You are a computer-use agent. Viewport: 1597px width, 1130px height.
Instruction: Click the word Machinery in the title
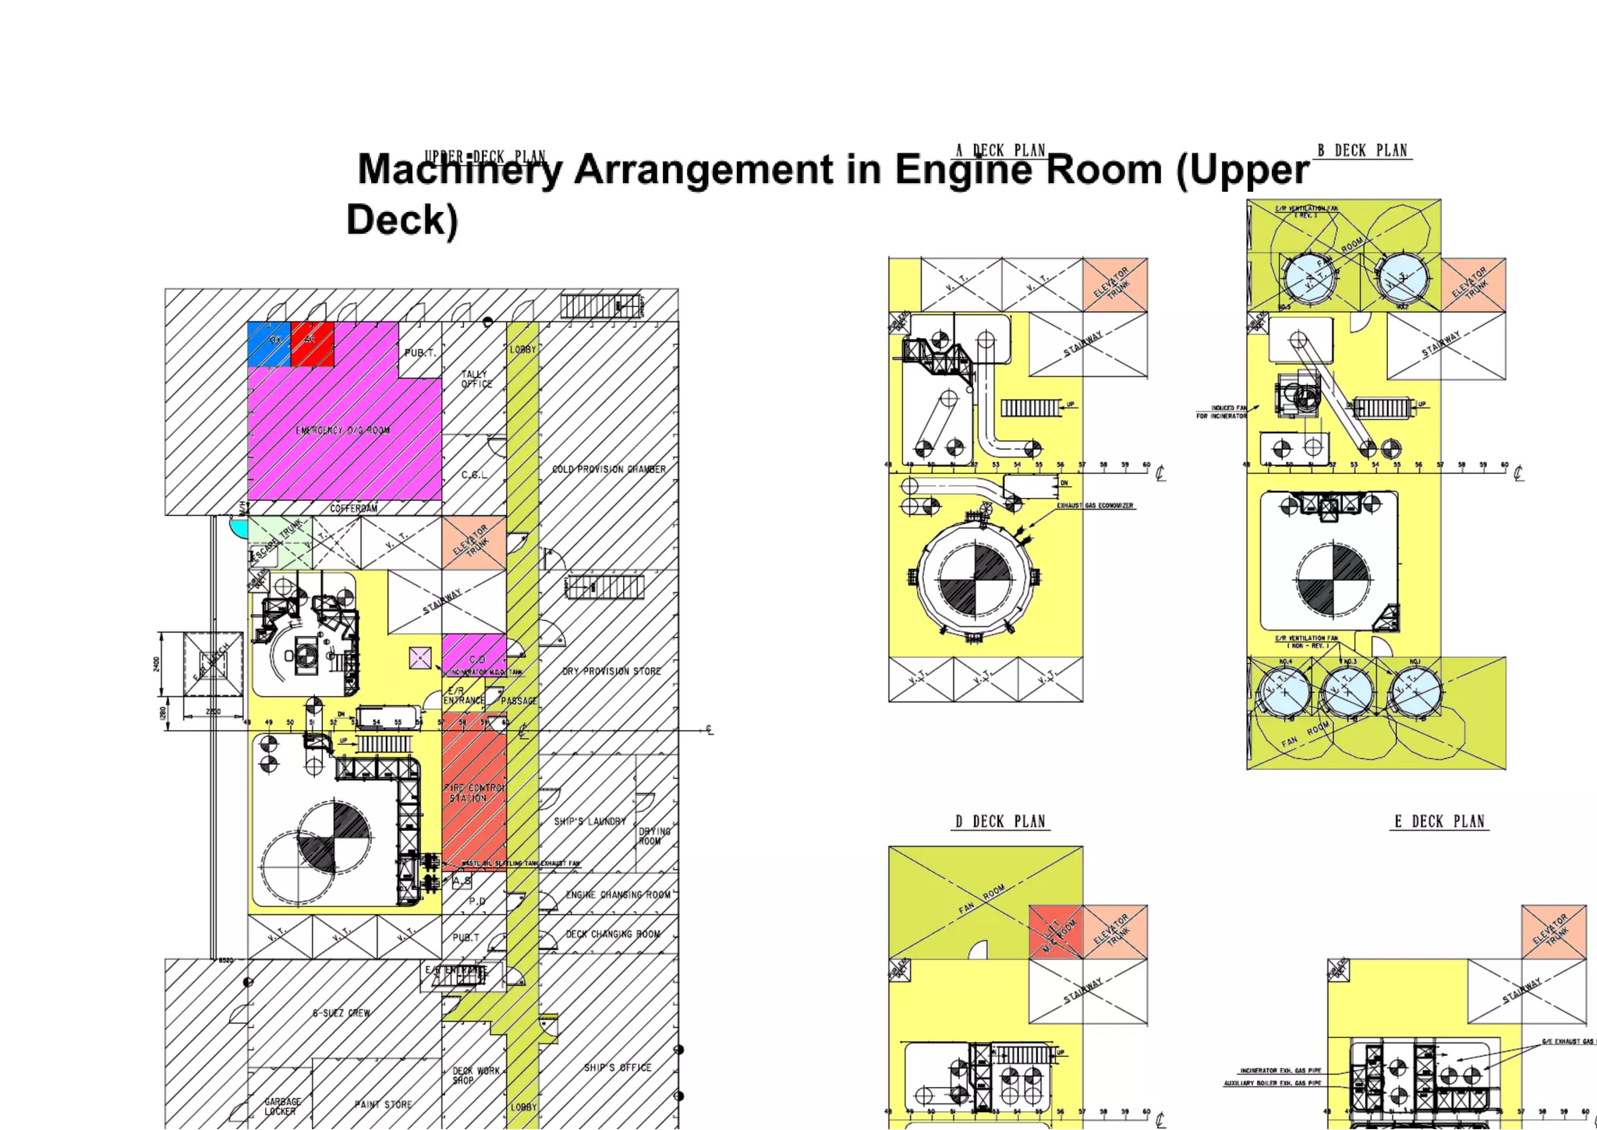(x=459, y=170)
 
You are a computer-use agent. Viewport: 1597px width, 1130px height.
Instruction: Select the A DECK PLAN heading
(x=1000, y=150)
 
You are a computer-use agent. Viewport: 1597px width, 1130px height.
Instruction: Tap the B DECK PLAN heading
(x=1362, y=150)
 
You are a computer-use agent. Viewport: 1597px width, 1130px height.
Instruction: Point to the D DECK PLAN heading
(x=1000, y=821)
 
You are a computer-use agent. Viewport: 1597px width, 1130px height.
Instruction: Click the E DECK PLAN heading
(x=1439, y=821)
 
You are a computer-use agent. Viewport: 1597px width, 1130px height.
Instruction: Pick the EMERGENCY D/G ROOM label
(x=343, y=430)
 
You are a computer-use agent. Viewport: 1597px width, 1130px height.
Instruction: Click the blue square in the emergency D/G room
(x=268, y=344)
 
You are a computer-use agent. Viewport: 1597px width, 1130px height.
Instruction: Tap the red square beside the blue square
(x=312, y=344)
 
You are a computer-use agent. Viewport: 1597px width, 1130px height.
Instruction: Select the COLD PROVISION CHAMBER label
(x=609, y=469)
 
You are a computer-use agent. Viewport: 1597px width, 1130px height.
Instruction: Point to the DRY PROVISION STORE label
(x=611, y=671)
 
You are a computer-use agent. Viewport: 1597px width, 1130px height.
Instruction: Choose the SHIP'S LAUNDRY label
(x=590, y=821)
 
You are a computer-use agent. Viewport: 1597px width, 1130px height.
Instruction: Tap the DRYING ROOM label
(x=653, y=836)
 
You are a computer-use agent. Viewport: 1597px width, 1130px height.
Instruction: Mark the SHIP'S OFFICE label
(x=618, y=1068)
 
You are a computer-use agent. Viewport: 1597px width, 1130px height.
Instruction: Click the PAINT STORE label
(x=383, y=1104)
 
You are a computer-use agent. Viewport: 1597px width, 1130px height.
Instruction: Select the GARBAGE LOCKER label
(x=282, y=1106)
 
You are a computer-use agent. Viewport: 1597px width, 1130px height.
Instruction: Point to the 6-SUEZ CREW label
(x=342, y=1013)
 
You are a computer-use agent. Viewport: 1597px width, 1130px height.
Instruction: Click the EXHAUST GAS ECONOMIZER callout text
(x=1095, y=506)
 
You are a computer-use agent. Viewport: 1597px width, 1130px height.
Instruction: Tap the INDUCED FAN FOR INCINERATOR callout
(x=1222, y=411)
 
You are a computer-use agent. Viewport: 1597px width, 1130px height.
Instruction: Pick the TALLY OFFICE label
(x=476, y=379)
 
